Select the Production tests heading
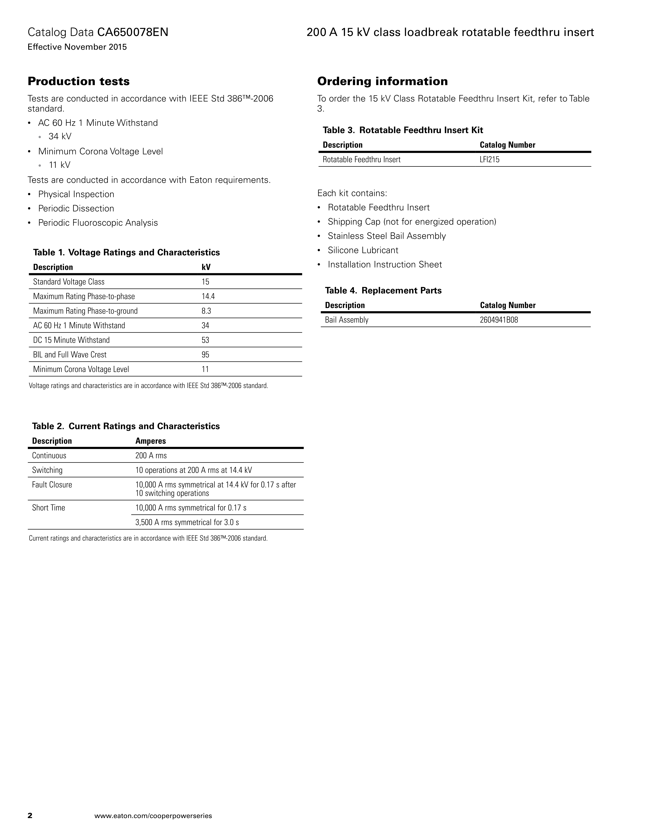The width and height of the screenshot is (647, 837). pos(79,81)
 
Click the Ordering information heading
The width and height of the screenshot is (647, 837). pos(382,81)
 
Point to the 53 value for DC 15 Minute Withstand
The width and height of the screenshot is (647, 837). pos(205,340)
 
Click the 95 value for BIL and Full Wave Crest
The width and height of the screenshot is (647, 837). pos(205,355)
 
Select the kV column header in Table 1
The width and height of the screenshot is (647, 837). pos(206,267)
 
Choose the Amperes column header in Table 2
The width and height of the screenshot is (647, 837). pos(151,441)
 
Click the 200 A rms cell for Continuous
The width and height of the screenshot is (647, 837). pos(151,455)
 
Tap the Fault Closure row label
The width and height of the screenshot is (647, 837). pos(52,484)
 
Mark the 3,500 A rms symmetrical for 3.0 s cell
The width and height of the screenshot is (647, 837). pos(187,522)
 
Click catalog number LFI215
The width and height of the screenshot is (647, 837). pos(489,159)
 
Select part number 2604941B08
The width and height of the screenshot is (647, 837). pos(499,320)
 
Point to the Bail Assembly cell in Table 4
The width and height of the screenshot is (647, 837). pos(346,320)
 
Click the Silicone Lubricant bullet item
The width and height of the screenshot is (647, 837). pos(363,250)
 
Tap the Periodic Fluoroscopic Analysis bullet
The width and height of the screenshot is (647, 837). pos(98,223)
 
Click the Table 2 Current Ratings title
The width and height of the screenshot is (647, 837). pos(126,426)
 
